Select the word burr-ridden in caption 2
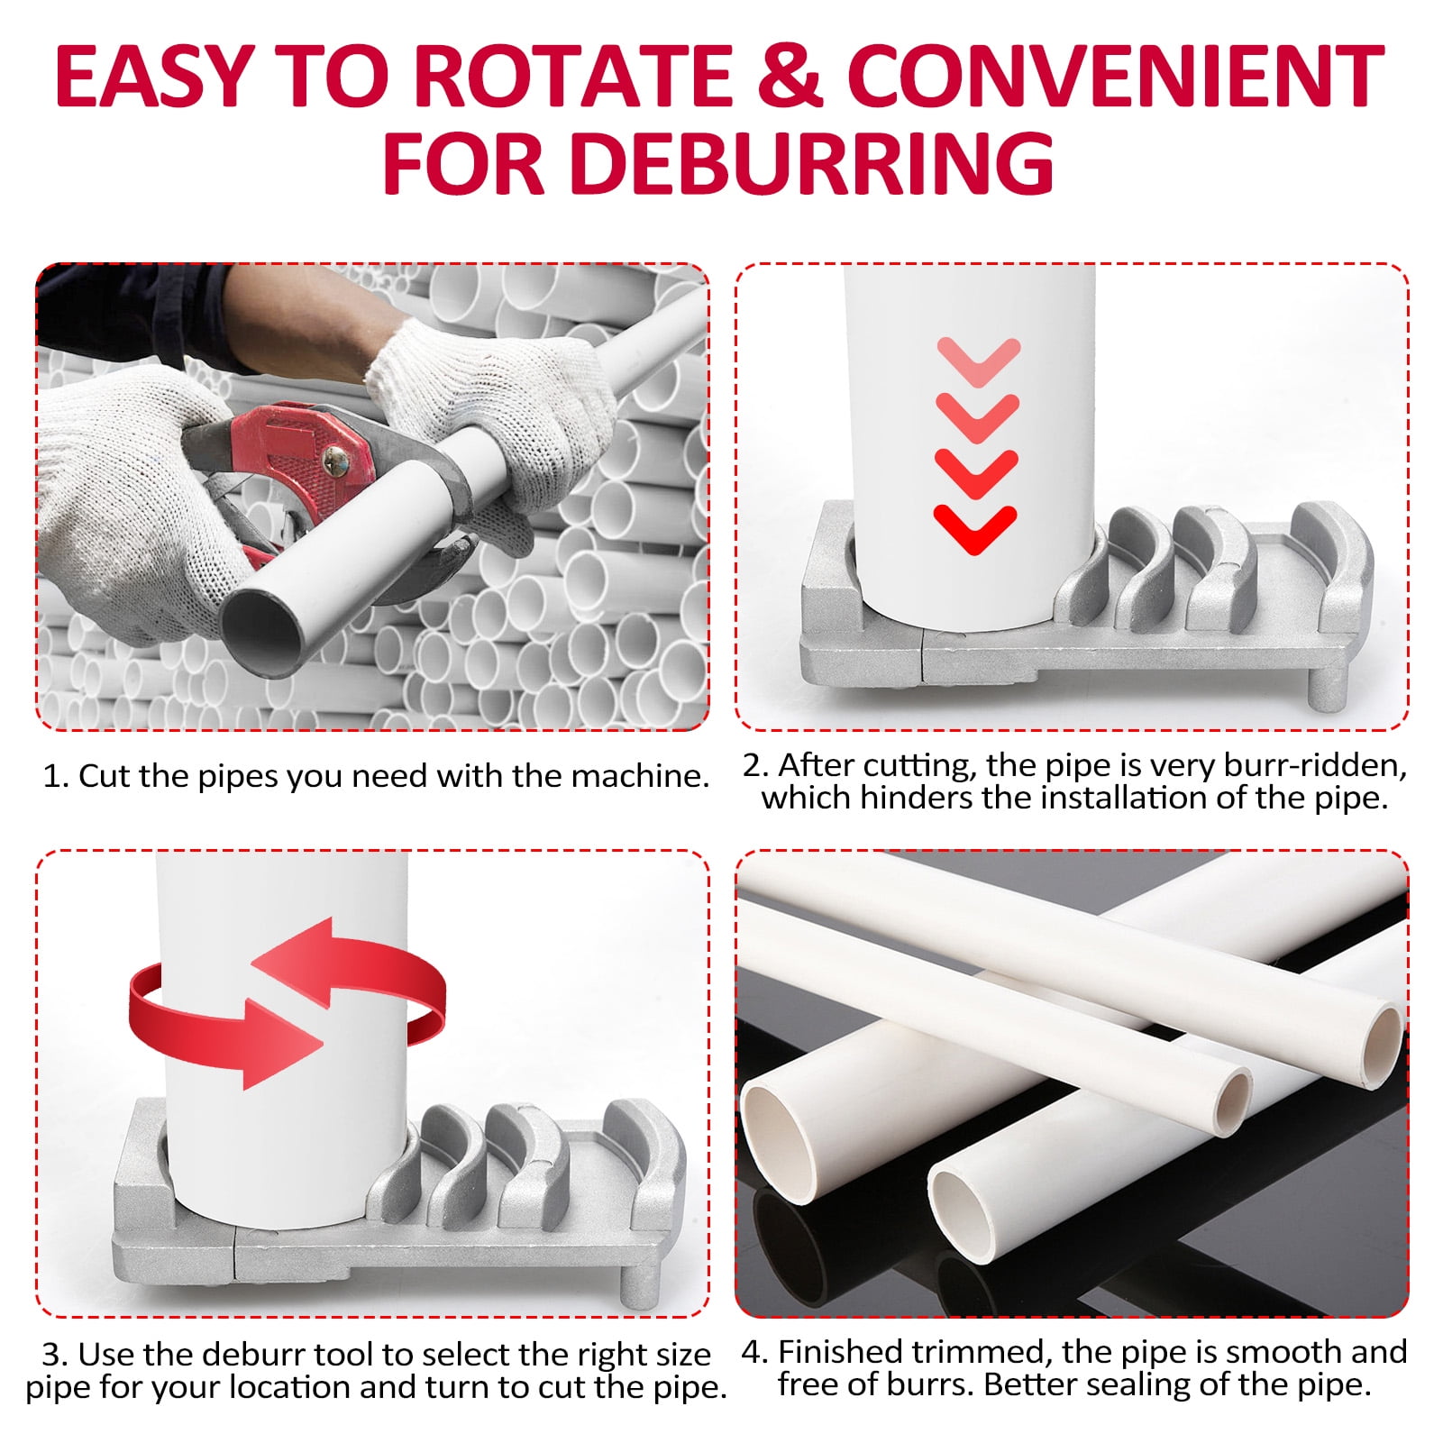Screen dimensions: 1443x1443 (1315, 765)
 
